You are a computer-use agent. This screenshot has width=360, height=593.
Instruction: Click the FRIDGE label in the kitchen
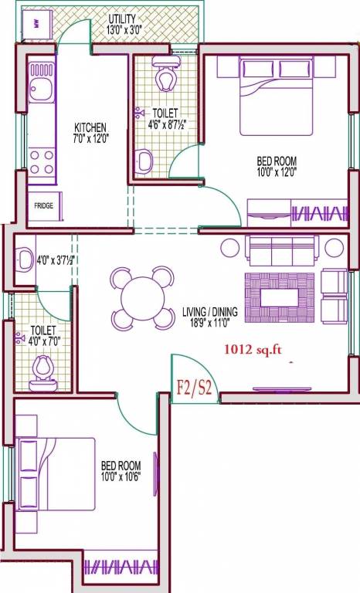pyautogui.click(x=43, y=206)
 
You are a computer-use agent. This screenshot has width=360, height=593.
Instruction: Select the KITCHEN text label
pyautogui.click(x=90, y=127)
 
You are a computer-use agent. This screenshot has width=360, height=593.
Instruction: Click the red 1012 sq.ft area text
pyautogui.click(x=253, y=349)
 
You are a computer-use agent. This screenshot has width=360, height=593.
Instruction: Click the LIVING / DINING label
pyautogui.click(x=210, y=312)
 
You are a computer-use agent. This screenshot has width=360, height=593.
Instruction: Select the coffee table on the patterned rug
pyautogui.click(x=280, y=296)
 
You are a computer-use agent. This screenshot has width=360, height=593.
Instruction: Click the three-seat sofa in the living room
pyautogui.click(x=282, y=249)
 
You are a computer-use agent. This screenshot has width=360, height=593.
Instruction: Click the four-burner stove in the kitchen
pyautogui.click(x=42, y=162)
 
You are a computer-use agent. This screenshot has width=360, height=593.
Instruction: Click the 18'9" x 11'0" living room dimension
pyautogui.click(x=210, y=324)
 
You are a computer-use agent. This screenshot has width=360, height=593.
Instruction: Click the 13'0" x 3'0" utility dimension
pyautogui.click(x=122, y=29)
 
